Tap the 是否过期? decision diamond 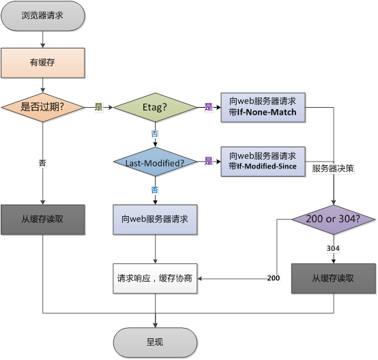(43, 107)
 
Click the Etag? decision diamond (155, 107)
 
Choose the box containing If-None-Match (263, 107)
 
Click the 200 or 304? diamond (334, 220)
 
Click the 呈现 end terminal (156, 342)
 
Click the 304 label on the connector (334, 248)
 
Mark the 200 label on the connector (273, 279)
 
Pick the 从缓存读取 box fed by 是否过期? (43, 220)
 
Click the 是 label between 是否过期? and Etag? (98, 107)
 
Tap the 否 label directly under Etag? (155, 134)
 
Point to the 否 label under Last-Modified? (155, 189)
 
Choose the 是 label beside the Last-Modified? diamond (209, 162)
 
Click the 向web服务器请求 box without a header (155, 220)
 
